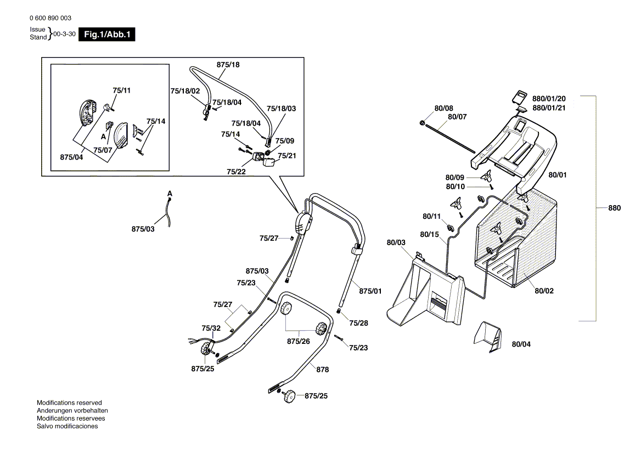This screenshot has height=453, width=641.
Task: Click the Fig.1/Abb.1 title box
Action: [x=107, y=35]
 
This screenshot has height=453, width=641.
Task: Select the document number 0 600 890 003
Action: [x=50, y=19]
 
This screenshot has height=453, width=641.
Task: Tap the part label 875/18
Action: [x=228, y=65]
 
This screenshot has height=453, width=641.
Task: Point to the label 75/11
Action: [x=121, y=90]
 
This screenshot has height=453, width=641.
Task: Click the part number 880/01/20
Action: [x=549, y=99]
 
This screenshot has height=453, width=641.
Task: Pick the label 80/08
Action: [x=443, y=109]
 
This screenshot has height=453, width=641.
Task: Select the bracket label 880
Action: [x=614, y=208]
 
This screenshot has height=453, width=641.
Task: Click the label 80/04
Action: [x=521, y=344]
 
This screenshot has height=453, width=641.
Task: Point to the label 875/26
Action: [x=298, y=341]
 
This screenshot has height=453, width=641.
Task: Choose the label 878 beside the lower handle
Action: [x=322, y=370]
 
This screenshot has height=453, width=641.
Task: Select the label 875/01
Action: [x=370, y=291]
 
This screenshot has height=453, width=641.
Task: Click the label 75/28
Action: [x=358, y=323]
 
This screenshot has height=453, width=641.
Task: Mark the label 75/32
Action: [x=211, y=329]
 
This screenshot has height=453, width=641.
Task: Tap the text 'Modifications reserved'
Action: [x=69, y=403]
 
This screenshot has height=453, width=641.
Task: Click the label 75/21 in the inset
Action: [x=286, y=156]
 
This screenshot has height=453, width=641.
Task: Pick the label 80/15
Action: [x=430, y=235]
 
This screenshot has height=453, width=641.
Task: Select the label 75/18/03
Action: [x=281, y=109]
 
